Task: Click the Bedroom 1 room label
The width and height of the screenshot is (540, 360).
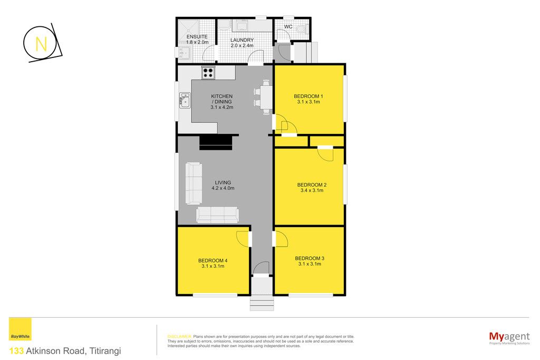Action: click(308, 96)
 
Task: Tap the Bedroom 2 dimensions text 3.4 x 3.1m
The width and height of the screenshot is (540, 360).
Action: click(312, 190)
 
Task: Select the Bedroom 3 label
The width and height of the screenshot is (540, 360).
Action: click(310, 258)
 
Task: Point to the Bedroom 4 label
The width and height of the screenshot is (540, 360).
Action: click(213, 260)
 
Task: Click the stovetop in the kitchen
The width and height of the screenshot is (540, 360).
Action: click(208, 73)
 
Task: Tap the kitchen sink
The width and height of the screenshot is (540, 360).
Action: click(185, 101)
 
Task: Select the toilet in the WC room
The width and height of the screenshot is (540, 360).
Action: click(302, 30)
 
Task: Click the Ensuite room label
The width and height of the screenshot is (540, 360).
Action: click(197, 36)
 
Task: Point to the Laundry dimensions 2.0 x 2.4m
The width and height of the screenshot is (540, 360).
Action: click(242, 45)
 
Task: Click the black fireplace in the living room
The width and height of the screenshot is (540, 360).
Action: click(217, 142)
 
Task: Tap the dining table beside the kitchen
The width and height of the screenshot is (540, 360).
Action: click(266, 96)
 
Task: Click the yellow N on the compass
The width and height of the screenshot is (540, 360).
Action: click(41, 44)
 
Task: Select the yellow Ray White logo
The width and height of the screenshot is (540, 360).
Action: click(20, 329)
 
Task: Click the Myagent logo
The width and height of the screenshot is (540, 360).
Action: click(509, 337)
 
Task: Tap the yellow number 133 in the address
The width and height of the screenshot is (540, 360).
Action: click(16, 351)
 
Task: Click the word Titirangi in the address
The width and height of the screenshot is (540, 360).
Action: click(105, 351)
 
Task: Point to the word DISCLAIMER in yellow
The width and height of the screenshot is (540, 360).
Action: click(179, 337)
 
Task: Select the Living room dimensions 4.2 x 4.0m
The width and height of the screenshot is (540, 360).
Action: click(223, 188)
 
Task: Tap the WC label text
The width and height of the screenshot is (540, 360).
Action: click(288, 27)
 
